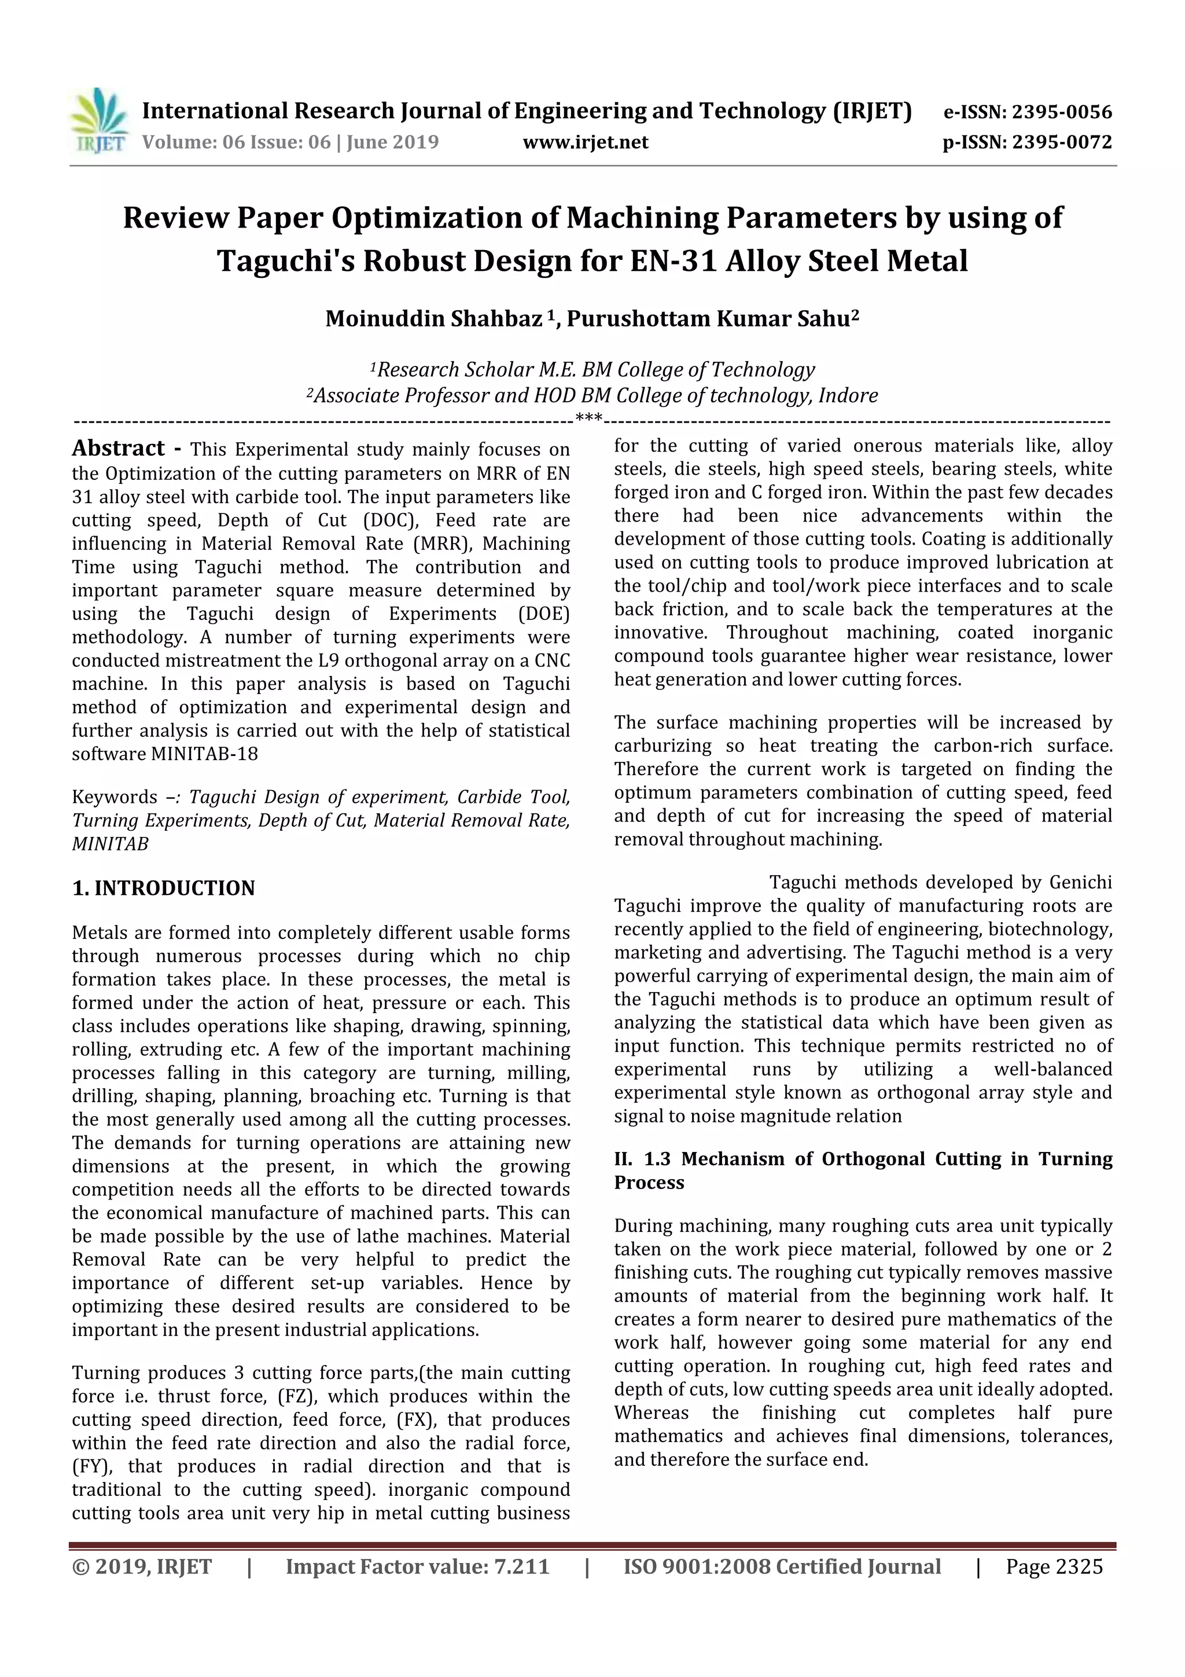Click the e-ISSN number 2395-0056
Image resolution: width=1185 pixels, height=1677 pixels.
coord(1062,112)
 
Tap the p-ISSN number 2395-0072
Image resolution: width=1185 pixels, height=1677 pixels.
coord(1062,142)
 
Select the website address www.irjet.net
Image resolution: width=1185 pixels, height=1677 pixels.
coord(585,142)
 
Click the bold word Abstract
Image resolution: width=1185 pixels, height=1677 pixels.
coord(118,447)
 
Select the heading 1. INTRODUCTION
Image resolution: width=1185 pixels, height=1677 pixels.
coord(164,888)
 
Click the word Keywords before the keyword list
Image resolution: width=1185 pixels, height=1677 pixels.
coord(115,797)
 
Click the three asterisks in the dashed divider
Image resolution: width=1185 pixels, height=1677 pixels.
coord(588,419)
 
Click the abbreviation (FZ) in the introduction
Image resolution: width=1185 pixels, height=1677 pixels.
coord(295,1396)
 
